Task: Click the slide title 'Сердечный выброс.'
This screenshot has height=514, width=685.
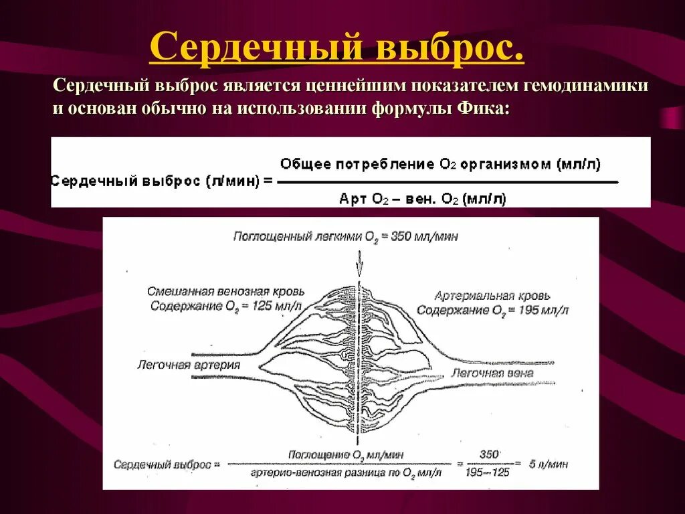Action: [336, 48]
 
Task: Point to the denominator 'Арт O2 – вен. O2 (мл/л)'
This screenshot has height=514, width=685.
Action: [423, 198]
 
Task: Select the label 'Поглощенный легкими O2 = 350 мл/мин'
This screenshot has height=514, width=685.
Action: [345, 236]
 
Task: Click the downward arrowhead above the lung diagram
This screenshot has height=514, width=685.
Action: [359, 267]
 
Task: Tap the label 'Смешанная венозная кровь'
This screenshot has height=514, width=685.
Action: [226, 292]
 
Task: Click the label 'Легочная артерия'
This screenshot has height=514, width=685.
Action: [189, 365]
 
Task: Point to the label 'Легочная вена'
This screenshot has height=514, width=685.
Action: [492, 373]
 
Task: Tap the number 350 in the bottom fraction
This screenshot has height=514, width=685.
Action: [489, 454]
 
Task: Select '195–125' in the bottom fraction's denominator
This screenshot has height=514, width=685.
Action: [489, 473]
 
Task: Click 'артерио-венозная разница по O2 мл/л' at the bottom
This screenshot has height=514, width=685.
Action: [347, 473]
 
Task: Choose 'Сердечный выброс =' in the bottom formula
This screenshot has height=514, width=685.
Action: [167, 464]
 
